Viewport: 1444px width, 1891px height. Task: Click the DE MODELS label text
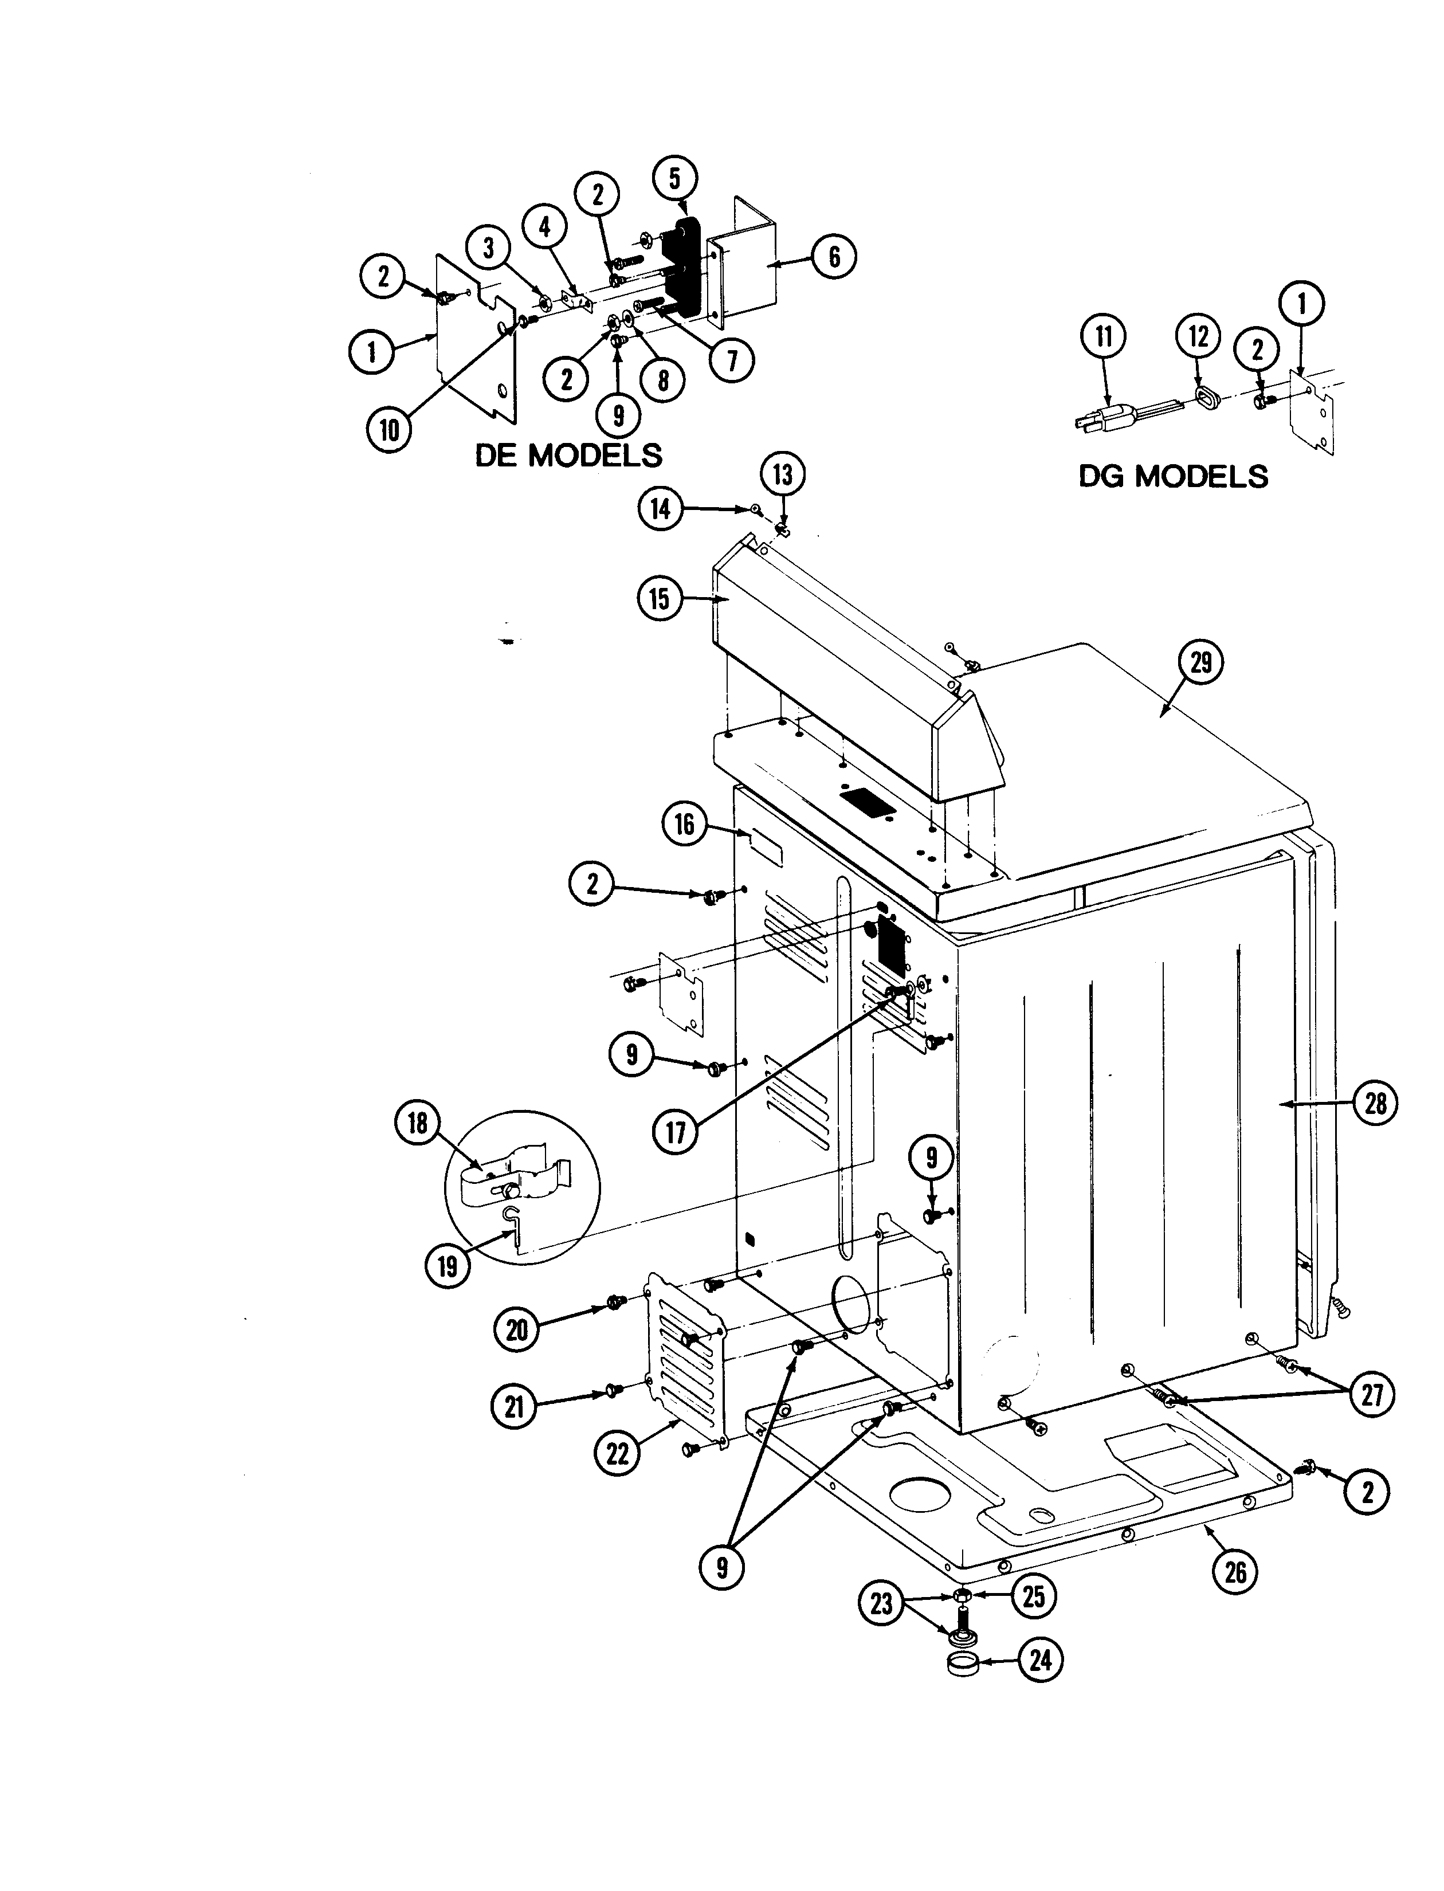coord(568,455)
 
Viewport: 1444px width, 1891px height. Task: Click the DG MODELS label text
coord(1174,476)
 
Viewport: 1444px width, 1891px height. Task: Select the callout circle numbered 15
coord(659,598)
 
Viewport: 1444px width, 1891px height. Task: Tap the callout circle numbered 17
coord(676,1133)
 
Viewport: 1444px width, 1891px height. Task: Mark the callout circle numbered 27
coord(1372,1394)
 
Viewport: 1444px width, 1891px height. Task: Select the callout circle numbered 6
coord(833,256)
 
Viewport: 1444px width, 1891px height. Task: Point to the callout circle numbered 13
coord(782,474)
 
